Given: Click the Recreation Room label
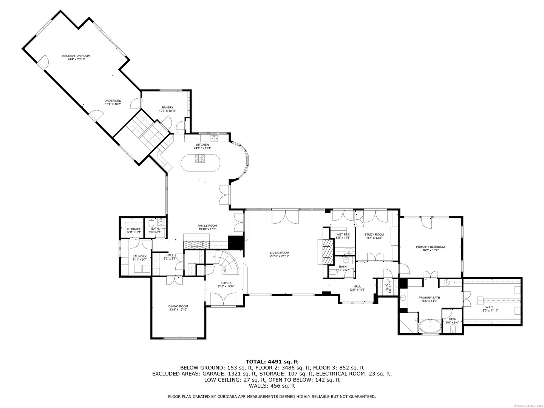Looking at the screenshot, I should [x=76, y=56].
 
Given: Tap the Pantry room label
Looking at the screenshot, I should [x=167, y=107].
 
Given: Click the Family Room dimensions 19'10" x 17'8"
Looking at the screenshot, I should [x=208, y=229].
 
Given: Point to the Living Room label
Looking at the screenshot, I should [x=279, y=253].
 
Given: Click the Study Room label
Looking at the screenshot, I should [x=374, y=235].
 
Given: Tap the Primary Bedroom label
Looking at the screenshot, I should [x=430, y=247].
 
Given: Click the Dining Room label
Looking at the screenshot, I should [x=178, y=306].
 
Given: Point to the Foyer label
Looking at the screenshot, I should [x=226, y=283].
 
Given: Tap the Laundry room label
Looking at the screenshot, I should [x=139, y=256].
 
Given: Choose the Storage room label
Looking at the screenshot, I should [x=134, y=229].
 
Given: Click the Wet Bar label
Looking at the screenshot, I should [x=343, y=235].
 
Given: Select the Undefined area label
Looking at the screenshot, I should [x=113, y=100].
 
